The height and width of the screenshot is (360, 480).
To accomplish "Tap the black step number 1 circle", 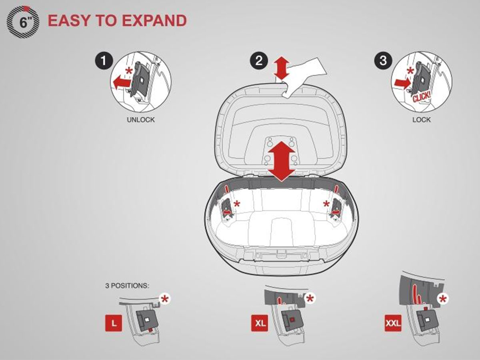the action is [x=104, y=61].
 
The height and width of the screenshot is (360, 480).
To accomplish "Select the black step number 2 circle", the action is [x=259, y=60].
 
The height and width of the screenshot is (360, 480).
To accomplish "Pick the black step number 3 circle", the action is [x=383, y=60].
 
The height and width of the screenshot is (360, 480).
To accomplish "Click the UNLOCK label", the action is [x=141, y=120].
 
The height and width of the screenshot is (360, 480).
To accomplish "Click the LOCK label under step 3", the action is [x=421, y=120].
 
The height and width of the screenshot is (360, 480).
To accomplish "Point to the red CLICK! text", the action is [x=422, y=96].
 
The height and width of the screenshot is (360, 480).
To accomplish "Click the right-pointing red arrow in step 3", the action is [x=402, y=83].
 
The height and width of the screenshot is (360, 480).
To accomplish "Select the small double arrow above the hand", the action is [x=282, y=68].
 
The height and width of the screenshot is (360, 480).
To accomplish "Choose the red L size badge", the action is [x=114, y=323].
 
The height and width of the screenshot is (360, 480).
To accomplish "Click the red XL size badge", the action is [x=260, y=323].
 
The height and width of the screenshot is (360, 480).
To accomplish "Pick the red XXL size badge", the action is [x=393, y=323].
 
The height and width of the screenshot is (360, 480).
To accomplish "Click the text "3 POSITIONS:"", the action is [x=127, y=286].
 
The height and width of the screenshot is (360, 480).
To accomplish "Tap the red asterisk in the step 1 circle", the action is [x=130, y=71].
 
